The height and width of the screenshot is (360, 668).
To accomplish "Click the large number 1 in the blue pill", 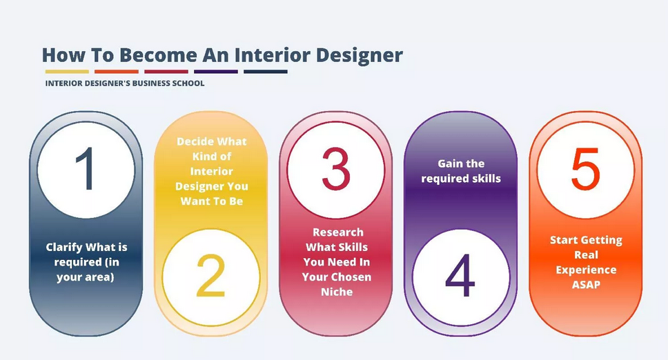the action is click(86, 169).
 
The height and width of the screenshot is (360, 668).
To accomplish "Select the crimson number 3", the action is click(335, 169).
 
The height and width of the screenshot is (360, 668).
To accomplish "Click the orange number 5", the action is click(585, 169).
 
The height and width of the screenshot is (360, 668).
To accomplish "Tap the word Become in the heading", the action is click(158, 55).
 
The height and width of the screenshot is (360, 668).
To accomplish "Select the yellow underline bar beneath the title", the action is click(67, 72).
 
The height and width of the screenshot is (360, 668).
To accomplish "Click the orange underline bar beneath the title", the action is click(117, 72).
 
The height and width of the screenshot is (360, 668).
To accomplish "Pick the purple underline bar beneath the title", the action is click(215, 72).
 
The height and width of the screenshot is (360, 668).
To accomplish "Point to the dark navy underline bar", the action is click(266, 72).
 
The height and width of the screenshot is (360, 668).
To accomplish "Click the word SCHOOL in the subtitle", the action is click(188, 83).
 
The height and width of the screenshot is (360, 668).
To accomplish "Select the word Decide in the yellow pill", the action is click(195, 141).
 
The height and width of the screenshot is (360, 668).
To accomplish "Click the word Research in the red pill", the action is click(338, 232).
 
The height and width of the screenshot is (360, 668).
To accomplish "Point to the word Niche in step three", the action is click(337, 292).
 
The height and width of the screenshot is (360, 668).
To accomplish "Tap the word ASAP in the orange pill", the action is click(586, 285).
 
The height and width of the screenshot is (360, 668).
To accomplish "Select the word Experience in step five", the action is click(586, 270).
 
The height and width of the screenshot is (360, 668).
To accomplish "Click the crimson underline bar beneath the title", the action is click(166, 72).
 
